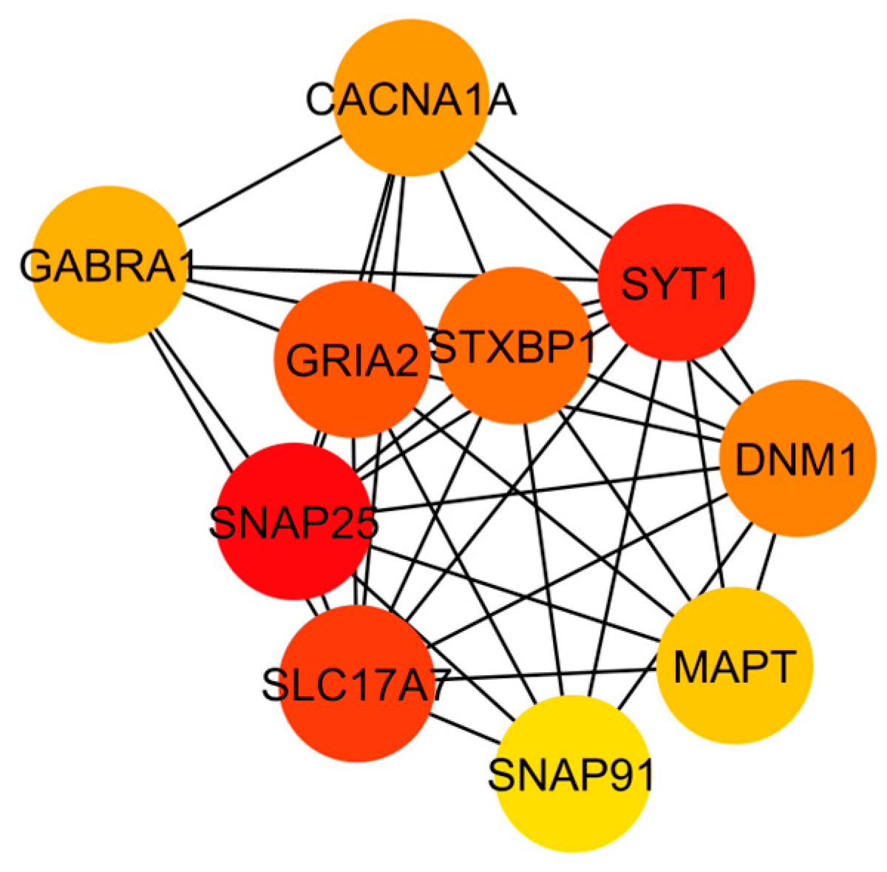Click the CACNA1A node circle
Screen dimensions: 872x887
pyautogui.click(x=410, y=100)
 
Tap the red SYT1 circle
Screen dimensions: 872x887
pyautogui.click(x=676, y=283)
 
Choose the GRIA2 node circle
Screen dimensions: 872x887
pyautogui.click(x=351, y=361)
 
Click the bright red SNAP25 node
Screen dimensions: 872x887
pyautogui.click(x=293, y=521)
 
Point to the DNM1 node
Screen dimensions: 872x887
pyautogui.click(x=796, y=460)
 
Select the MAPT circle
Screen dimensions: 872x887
pyautogui.click(x=734, y=666)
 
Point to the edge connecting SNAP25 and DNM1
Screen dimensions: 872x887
pyautogui.click(x=547, y=485)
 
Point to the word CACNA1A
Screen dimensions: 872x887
pyautogui.click(x=410, y=100)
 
